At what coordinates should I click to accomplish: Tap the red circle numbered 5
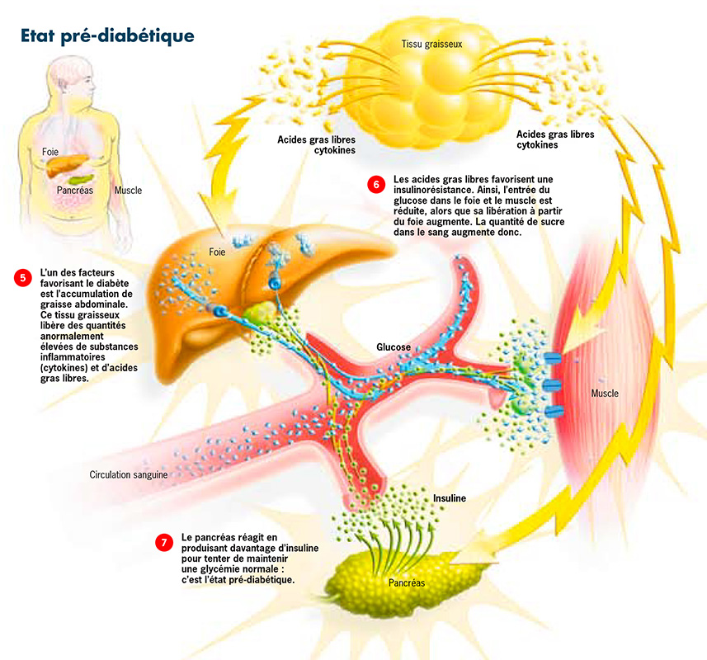[22, 278]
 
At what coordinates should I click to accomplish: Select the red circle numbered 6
[376, 185]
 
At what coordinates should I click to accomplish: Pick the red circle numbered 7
[164, 542]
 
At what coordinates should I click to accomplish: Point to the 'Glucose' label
[394, 348]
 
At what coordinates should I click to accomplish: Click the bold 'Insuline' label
[450, 498]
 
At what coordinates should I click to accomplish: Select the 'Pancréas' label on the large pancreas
[406, 582]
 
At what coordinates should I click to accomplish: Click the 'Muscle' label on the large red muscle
[605, 394]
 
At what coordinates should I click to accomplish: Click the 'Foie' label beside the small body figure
[49, 153]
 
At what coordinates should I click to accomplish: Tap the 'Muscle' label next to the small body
[128, 191]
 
